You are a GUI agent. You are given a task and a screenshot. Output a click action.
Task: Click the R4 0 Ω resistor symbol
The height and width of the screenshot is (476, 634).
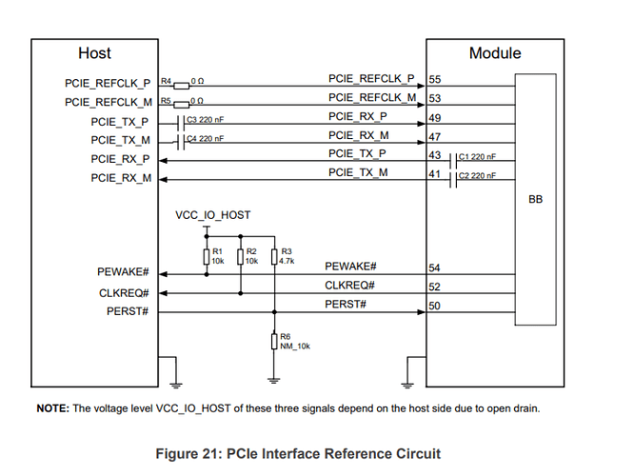[182, 83]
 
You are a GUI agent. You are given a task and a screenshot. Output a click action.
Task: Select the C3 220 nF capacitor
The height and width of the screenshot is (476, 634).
[182, 122]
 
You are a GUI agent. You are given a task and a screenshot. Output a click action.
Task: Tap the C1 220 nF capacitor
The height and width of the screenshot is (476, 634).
[453, 158]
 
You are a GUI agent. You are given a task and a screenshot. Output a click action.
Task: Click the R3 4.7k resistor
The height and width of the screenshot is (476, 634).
[274, 257]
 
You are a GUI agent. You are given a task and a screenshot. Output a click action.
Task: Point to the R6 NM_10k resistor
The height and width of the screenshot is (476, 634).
[274, 341]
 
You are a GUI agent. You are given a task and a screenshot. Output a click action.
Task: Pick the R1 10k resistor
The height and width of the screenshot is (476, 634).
[207, 257]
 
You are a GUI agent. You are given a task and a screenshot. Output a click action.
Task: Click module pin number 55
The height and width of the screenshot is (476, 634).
[435, 79]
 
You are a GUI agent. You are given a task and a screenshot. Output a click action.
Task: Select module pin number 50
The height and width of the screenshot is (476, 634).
[435, 306]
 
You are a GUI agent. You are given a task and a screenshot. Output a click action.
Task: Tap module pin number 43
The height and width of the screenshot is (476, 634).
[435, 154]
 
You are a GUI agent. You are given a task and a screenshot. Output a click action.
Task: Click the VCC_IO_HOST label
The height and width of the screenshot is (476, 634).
[213, 215]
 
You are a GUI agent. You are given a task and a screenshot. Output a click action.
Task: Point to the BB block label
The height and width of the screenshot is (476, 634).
[535, 200]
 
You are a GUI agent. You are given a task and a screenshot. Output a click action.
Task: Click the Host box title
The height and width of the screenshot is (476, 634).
[94, 53]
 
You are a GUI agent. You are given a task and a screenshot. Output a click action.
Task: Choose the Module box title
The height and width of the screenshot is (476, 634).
[495, 53]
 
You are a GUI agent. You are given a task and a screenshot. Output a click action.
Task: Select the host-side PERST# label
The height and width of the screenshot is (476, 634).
[126, 312]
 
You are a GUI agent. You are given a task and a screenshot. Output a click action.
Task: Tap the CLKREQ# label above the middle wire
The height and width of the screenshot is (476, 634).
[350, 285]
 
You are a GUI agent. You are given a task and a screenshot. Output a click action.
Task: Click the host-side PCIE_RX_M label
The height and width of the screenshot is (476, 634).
[121, 178]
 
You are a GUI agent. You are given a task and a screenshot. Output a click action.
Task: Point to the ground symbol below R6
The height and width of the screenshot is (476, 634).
[274, 381]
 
